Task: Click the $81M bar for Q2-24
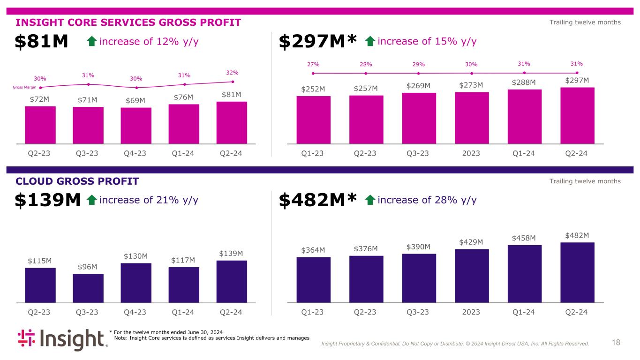point(232,122)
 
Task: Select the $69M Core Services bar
point(136,125)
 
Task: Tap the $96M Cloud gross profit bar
point(88,288)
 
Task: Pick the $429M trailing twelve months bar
point(472,276)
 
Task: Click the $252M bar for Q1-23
point(314,120)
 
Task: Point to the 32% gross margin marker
point(233,82)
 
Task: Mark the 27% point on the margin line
point(314,73)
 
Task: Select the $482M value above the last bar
point(577,235)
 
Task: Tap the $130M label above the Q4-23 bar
point(136,256)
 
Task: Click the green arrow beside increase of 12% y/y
point(92,42)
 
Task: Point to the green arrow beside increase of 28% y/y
point(369,201)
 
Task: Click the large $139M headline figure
point(48,201)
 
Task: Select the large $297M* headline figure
point(318,42)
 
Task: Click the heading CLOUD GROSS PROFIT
point(77,181)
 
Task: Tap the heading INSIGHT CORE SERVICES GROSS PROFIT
point(128,22)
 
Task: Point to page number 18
point(616,343)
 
